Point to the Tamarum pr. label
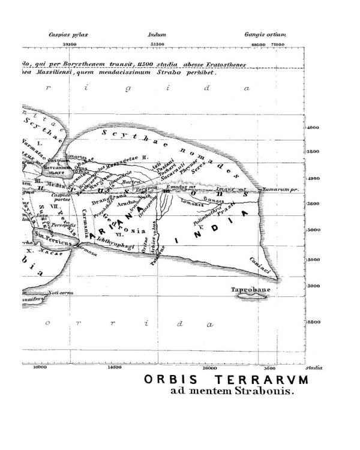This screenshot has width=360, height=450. pos(280,189)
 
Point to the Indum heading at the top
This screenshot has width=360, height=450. pos(157,35)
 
